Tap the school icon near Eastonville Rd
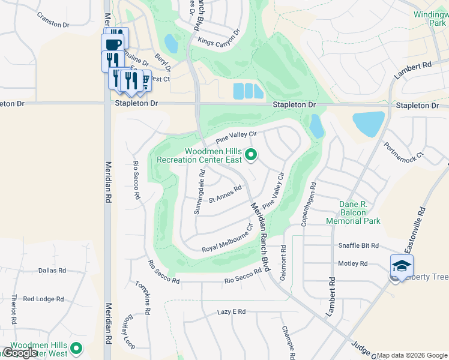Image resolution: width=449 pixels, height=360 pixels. [x=401, y=265]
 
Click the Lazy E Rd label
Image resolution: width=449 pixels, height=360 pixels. [x=232, y=312]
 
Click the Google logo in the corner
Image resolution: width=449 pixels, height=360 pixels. [x=20, y=353]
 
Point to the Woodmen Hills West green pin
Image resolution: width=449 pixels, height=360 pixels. [x=76, y=347]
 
